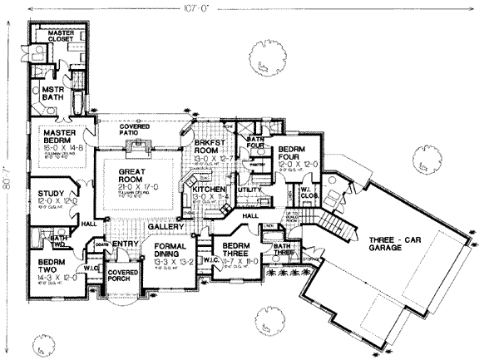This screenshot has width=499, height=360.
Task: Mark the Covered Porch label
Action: coord(123,278)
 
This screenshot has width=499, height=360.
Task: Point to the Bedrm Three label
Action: coord(232,253)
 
